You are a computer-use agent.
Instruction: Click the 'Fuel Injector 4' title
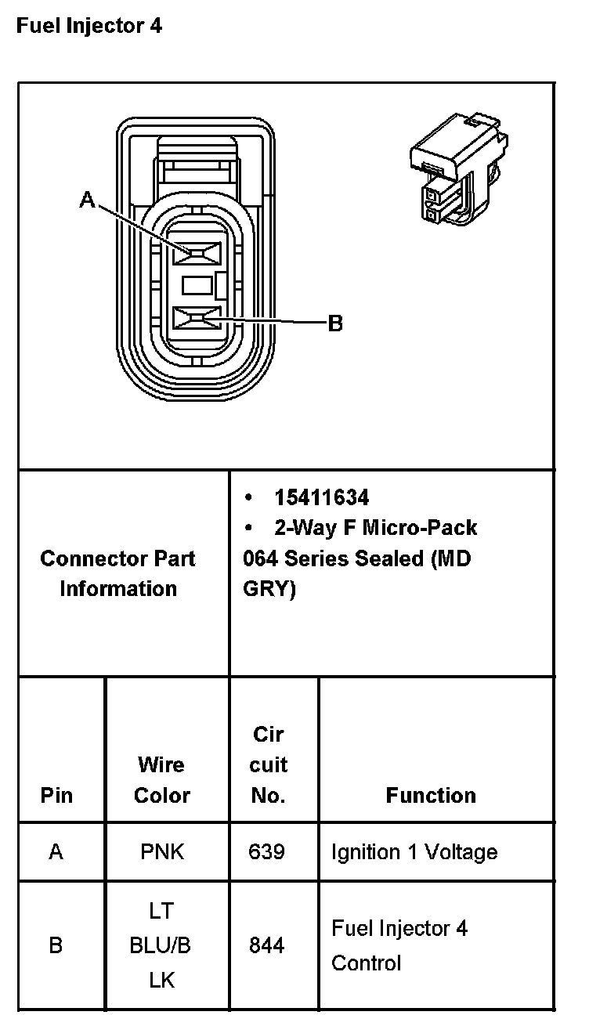click(x=89, y=26)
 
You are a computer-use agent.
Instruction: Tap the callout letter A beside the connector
click(x=87, y=201)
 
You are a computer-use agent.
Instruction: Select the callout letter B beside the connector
click(x=335, y=323)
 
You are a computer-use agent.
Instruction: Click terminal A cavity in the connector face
click(x=197, y=253)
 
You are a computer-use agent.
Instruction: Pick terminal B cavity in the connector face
click(x=197, y=318)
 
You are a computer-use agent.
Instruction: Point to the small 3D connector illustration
click(x=459, y=168)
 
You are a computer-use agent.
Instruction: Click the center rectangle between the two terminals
click(x=197, y=286)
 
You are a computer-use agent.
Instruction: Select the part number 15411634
click(x=322, y=498)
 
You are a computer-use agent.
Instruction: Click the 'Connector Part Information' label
click(x=118, y=573)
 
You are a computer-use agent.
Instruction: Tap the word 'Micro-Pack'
click(x=420, y=528)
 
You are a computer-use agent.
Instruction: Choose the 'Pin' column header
click(x=56, y=796)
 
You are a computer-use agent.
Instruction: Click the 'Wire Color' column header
click(x=161, y=780)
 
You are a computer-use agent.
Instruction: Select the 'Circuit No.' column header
click(x=269, y=765)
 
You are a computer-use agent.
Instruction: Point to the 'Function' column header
click(x=431, y=796)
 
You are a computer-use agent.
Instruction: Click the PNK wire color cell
click(x=162, y=852)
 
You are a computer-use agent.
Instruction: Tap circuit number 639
click(x=266, y=852)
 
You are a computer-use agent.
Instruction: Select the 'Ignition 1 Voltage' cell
click(x=414, y=852)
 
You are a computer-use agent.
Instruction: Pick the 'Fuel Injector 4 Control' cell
click(x=399, y=945)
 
